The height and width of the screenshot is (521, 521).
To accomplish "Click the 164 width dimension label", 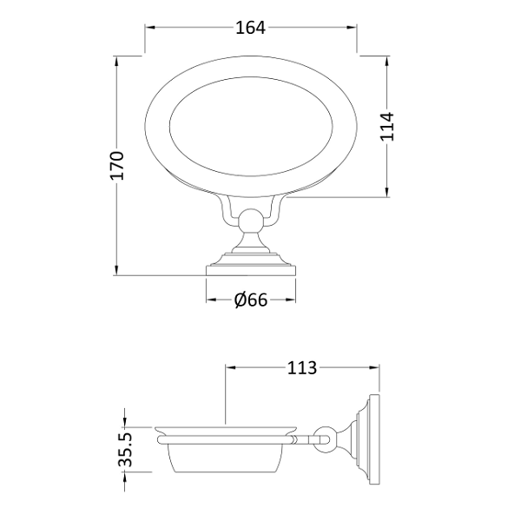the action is (x=251, y=28).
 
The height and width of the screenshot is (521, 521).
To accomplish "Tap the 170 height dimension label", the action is (x=117, y=166).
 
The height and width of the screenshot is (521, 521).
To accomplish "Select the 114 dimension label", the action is (x=387, y=127).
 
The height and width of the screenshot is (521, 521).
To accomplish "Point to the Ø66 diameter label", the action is (x=251, y=300).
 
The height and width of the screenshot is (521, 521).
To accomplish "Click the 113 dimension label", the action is (x=301, y=368).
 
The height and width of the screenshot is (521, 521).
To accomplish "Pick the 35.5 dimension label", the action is (x=126, y=450).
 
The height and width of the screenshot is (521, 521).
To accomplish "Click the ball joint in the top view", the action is (x=251, y=220).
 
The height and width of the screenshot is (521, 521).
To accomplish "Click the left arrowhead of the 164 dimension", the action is (x=150, y=28).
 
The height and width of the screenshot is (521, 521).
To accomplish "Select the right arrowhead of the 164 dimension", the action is (x=352, y=28).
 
